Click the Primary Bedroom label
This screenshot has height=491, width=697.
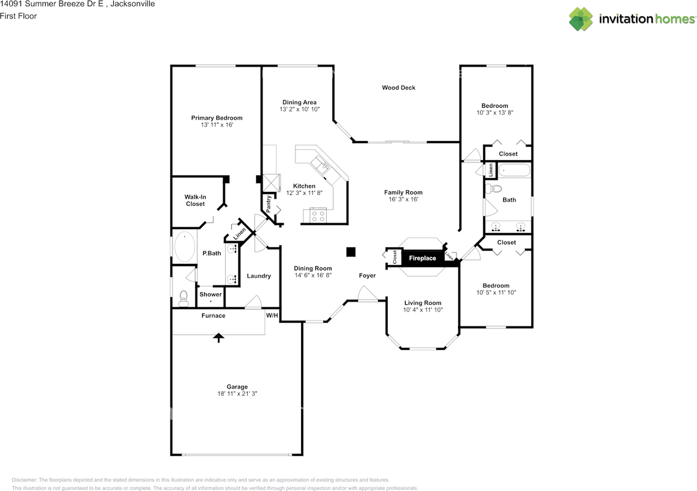point(216,118)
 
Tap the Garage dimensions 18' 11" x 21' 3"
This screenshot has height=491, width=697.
point(237,393)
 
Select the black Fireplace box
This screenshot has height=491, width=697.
point(422,258)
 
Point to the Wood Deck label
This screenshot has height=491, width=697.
point(399,87)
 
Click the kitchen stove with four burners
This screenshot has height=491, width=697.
point(318,216)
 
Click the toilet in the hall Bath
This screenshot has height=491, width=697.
point(494,190)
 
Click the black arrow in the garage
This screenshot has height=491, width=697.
point(218,337)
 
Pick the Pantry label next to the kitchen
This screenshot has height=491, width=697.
point(269,203)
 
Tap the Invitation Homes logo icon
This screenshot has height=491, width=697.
point(581,19)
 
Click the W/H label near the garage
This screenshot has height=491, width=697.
point(272,316)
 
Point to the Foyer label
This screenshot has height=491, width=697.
point(367,276)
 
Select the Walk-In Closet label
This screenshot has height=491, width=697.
point(195,200)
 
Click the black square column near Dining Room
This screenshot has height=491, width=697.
point(351,251)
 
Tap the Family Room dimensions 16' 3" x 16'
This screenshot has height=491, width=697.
point(403,199)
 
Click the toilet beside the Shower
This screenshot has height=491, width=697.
point(184,296)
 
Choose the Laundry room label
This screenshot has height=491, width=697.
point(259,276)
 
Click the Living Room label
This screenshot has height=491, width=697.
point(423,303)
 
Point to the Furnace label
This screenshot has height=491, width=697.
point(213,316)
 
